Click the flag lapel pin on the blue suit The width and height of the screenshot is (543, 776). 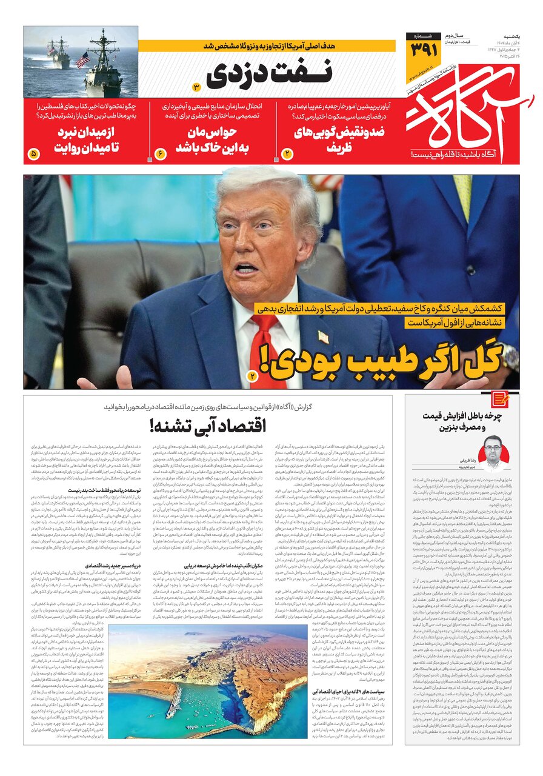[323, 336]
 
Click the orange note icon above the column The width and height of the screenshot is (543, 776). [500, 400]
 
